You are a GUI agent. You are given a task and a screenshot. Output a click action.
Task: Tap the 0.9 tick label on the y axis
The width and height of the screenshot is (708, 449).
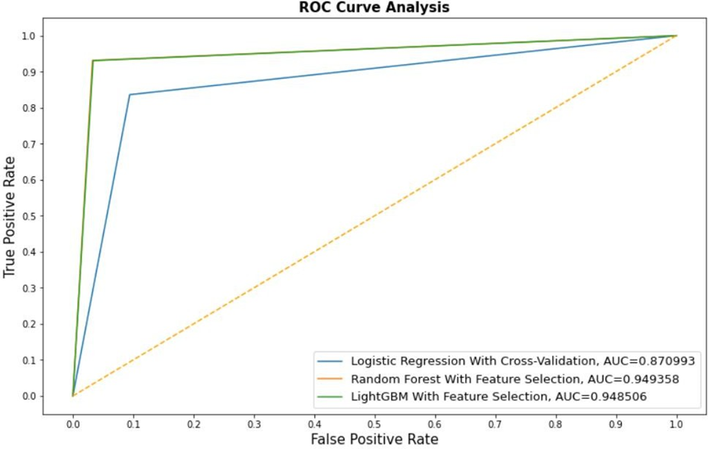point(29,72)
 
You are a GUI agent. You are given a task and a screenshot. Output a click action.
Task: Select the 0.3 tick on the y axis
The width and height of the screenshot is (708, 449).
point(38,288)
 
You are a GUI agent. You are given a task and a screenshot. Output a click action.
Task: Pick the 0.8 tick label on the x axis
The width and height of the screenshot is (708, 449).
point(555,426)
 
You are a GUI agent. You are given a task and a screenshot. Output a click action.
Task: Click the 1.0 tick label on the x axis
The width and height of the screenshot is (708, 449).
point(676,426)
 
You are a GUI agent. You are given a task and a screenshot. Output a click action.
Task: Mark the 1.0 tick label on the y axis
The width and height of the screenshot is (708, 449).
point(29,36)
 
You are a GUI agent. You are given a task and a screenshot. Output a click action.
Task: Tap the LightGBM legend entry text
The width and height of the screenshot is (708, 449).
point(443,397)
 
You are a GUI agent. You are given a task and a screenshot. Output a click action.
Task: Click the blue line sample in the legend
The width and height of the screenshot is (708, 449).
point(331,361)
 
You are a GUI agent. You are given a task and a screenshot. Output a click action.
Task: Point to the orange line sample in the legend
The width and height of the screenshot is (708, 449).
point(331,379)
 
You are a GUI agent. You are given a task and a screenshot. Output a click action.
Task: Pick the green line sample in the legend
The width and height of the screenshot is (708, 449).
point(331,397)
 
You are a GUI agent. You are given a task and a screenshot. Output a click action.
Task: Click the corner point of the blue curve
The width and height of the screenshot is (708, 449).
point(129,94)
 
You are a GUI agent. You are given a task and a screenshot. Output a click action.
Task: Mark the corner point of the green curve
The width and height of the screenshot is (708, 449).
point(93,60)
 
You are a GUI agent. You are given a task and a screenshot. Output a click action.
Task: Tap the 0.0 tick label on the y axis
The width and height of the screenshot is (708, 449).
point(29,396)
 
